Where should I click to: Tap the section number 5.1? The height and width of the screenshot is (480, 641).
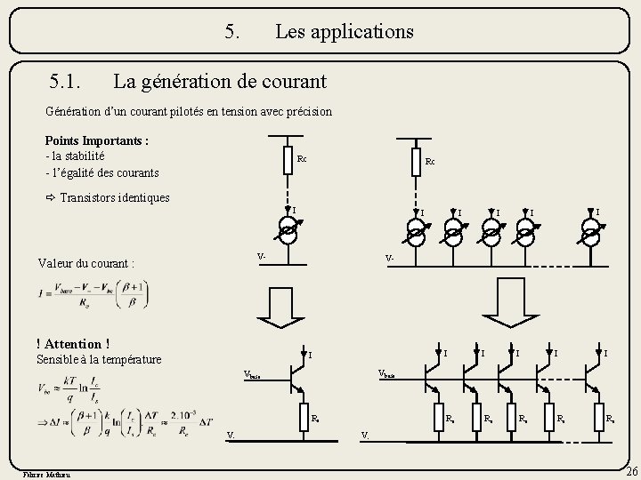(x=68, y=82)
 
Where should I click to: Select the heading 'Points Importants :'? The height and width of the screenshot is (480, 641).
(x=96, y=140)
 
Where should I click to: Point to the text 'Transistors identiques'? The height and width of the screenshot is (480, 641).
(x=114, y=197)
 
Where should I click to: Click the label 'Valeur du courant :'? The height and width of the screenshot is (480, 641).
(x=86, y=263)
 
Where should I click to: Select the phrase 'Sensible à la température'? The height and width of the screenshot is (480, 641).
(x=99, y=359)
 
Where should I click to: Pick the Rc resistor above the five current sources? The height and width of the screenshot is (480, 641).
(x=416, y=162)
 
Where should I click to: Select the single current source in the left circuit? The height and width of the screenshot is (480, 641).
(x=287, y=233)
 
